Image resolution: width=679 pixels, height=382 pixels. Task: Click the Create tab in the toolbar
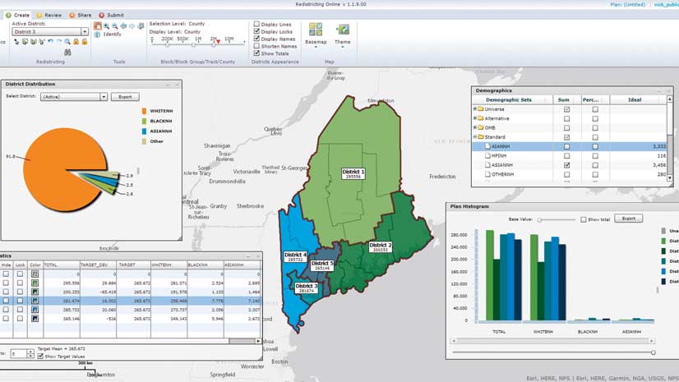20,15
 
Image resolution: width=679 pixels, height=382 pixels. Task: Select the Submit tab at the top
112,15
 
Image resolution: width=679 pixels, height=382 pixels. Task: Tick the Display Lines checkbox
256,24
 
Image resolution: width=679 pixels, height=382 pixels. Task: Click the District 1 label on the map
353,173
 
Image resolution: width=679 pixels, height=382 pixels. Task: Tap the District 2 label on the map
381,246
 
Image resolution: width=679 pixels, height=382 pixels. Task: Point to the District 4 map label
295,256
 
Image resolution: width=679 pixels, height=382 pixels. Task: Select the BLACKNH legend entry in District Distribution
160,120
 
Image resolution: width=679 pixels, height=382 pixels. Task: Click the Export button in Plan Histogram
628,219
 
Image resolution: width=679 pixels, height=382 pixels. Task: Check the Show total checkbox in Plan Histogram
584,219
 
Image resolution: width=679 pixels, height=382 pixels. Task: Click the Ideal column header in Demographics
634,99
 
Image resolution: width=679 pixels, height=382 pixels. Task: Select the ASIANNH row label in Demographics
501,165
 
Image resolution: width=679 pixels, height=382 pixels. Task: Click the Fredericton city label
442,176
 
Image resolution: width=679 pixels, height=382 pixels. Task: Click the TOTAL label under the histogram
498,331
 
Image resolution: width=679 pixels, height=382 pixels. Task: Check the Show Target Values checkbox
40,356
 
